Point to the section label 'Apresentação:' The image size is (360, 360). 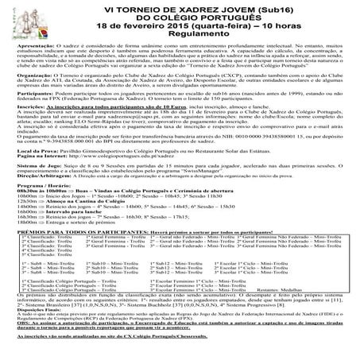coord(33,48)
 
